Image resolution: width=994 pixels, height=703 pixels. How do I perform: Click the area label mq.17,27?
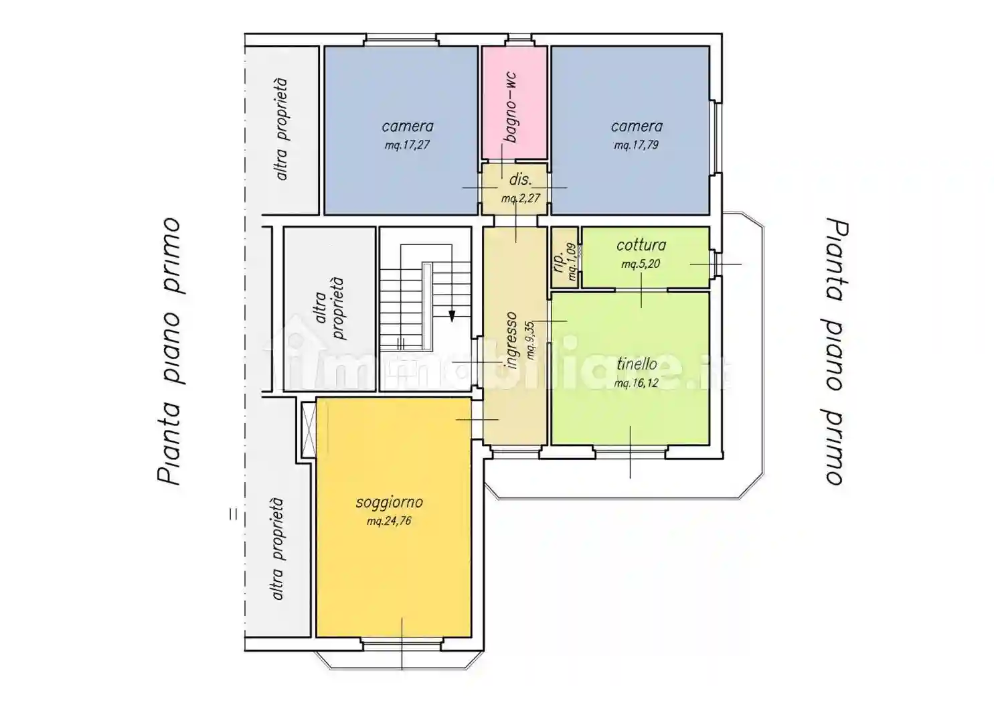(x=407, y=145)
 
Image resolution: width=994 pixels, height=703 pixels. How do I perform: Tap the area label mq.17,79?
(x=636, y=145)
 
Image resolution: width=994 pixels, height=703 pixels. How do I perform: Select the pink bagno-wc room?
(x=515, y=102)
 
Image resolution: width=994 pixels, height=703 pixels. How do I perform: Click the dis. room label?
(x=520, y=179)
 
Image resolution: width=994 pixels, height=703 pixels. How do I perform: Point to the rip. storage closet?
(x=565, y=257)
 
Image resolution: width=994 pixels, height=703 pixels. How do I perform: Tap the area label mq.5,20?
(x=641, y=264)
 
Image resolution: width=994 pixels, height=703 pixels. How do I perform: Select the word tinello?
(x=637, y=364)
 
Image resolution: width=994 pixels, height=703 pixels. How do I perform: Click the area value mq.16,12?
(x=637, y=383)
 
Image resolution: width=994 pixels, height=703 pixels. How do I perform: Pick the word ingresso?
(x=511, y=340)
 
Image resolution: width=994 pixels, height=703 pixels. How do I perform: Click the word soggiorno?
(x=389, y=503)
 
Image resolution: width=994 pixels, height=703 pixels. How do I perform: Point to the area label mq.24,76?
(x=389, y=521)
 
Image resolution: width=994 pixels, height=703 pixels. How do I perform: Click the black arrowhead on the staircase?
(x=452, y=316)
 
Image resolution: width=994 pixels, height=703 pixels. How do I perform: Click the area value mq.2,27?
(x=521, y=198)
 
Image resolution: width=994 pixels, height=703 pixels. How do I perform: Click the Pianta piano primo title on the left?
(x=169, y=351)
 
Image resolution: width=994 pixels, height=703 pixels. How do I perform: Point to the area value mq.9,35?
(x=530, y=340)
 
